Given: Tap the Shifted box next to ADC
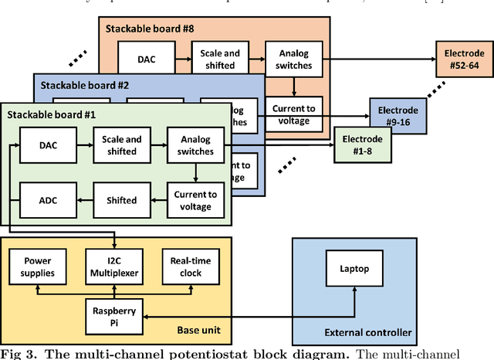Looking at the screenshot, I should point(120,200).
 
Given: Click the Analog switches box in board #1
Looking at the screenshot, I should point(196,144).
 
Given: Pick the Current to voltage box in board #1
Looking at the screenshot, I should point(196,200).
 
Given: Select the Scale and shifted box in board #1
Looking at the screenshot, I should point(120,144).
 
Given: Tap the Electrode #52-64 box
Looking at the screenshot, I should point(462,58).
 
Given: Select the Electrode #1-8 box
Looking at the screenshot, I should point(361,144).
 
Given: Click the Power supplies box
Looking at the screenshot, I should point(38,267).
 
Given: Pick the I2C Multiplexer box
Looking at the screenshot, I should point(115,267).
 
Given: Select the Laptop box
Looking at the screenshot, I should point(355,270).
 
